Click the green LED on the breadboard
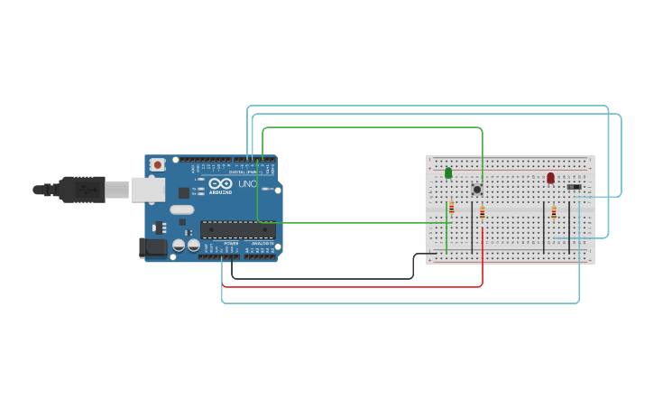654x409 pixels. [x=448, y=172]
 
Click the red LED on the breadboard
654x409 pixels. [x=550, y=178]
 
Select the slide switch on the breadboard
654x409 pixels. [x=574, y=187]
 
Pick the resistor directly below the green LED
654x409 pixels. [x=452, y=209]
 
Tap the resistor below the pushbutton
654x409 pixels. [x=482, y=213]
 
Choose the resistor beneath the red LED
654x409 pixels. [x=554, y=213]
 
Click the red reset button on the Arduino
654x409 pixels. [x=158, y=164]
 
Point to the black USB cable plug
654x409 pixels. [x=81, y=190]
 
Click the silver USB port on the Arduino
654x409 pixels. [x=148, y=190]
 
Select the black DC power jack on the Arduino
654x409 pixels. [x=152, y=246]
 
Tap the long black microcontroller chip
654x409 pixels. [x=237, y=229]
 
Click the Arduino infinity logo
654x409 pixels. [x=221, y=183]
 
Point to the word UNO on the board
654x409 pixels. [x=247, y=184]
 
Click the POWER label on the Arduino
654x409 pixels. [x=231, y=243]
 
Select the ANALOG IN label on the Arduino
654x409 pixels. [x=262, y=243]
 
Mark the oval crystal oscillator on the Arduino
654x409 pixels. [x=181, y=210]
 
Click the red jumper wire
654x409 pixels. [x=352, y=287]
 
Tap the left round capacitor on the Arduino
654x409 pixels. [x=179, y=245]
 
